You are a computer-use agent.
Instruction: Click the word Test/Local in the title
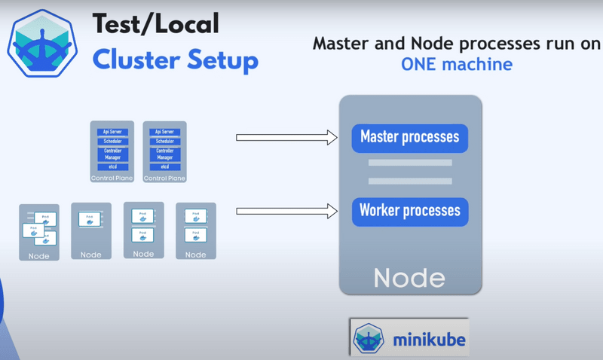(155, 24)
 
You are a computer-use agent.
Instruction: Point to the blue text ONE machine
(456, 64)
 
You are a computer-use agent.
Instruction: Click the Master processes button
(410, 138)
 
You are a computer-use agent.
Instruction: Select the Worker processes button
(410, 210)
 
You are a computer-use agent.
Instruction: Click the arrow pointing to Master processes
(286, 138)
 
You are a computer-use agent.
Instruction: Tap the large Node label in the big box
(410, 277)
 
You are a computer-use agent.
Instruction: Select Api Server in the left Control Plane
(112, 132)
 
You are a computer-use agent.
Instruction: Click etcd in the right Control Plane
(164, 166)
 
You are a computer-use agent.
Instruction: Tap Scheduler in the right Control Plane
(164, 142)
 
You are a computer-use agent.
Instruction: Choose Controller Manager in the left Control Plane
(112, 154)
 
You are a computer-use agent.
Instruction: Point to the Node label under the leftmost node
(38, 256)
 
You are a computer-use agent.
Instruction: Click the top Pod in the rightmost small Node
(195, 217)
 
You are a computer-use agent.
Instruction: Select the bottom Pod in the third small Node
(143, 235)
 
